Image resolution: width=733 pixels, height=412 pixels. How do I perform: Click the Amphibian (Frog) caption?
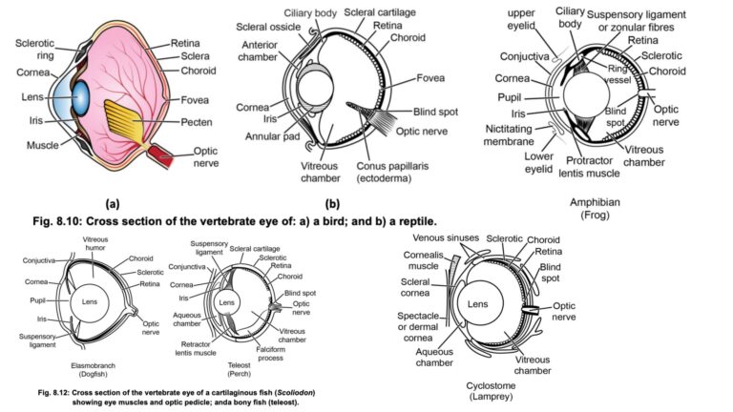pyautogui.click(x=597, y=209)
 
